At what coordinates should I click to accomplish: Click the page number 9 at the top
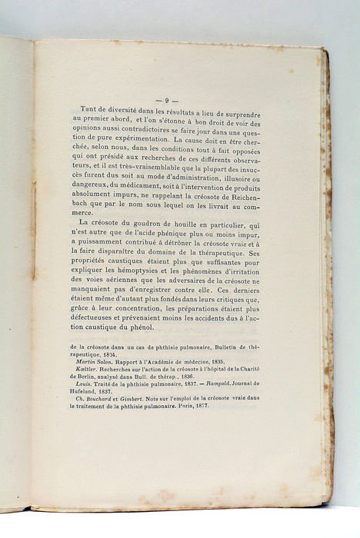167,100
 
